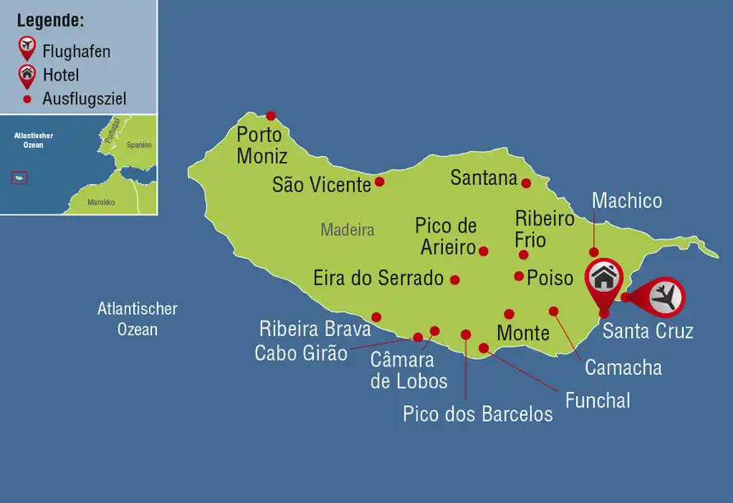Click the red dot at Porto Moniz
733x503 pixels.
[x=270, y=116]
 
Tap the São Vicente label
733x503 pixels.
[x=321, y=185]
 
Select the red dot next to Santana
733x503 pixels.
[x=526, y=183]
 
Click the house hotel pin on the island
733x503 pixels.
[x=604, y=278]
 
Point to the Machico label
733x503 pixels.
[x=626, y=201]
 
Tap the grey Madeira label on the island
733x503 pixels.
[x=347, y=230]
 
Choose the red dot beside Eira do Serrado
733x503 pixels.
[x=455, y=279]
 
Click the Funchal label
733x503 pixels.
[x=597, y=400]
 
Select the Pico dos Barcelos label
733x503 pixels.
[x=477, y=413]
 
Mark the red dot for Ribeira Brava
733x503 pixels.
[x=376, y=317]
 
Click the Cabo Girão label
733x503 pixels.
[x=301, y=353]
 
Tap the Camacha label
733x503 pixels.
[x=623, y=367]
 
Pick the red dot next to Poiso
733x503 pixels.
[x=519, y=276]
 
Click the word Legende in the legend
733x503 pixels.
[x=50, y=21]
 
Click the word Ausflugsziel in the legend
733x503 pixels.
[x=85, y=99]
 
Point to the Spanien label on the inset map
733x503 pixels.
[x=140, y=145]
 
